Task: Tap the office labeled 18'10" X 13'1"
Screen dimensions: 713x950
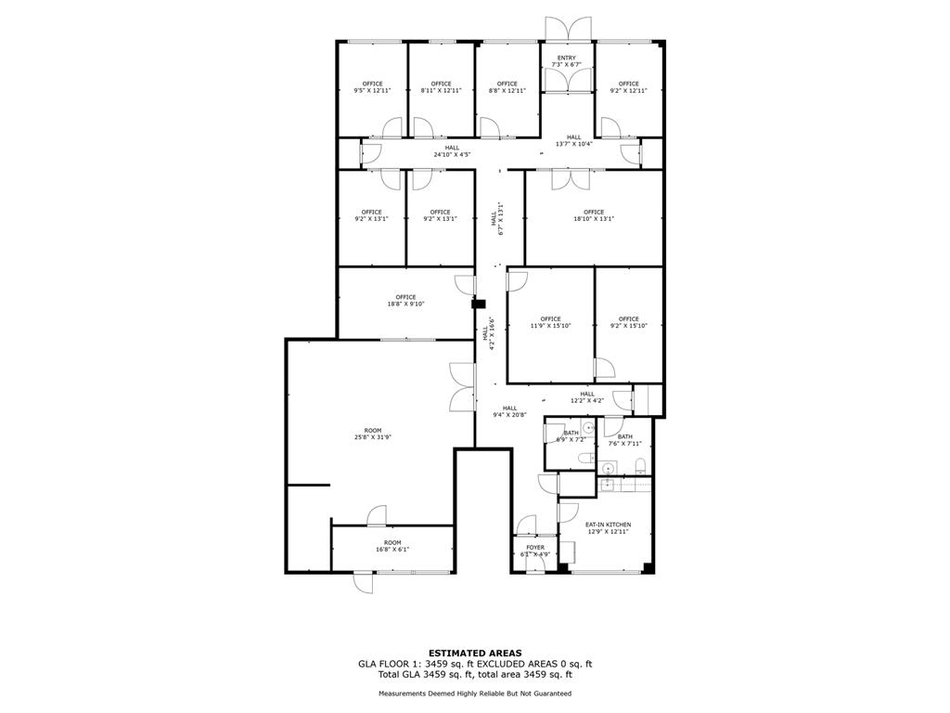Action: [x=594, y=215]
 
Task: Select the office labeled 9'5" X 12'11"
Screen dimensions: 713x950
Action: [x=372, y=87]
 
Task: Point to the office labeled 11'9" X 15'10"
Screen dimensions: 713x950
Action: [x=550, y=322]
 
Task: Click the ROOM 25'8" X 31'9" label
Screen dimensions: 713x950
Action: [x=372, y=434]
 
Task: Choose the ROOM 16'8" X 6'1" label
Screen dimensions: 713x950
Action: [x=392, y=546]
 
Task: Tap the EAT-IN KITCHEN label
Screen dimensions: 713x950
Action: [x=608, y=527]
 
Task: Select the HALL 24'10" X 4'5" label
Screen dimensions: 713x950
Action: [x=452, y=150]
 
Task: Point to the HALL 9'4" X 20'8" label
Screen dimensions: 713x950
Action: [x=510, y=410]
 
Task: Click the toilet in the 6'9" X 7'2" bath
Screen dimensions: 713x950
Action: [x=582, y=459]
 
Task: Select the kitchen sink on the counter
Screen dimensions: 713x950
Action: [x=607, y=485]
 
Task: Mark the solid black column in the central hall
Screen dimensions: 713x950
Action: [x=478, y=303]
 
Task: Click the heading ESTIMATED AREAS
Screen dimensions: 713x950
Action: [x=474, y=653]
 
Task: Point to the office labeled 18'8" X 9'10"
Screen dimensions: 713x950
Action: [x=405, y=300]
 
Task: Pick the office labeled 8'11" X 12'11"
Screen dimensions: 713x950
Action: [x=441, y=87]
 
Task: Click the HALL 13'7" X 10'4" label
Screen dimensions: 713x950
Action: [x=574, y=140]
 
